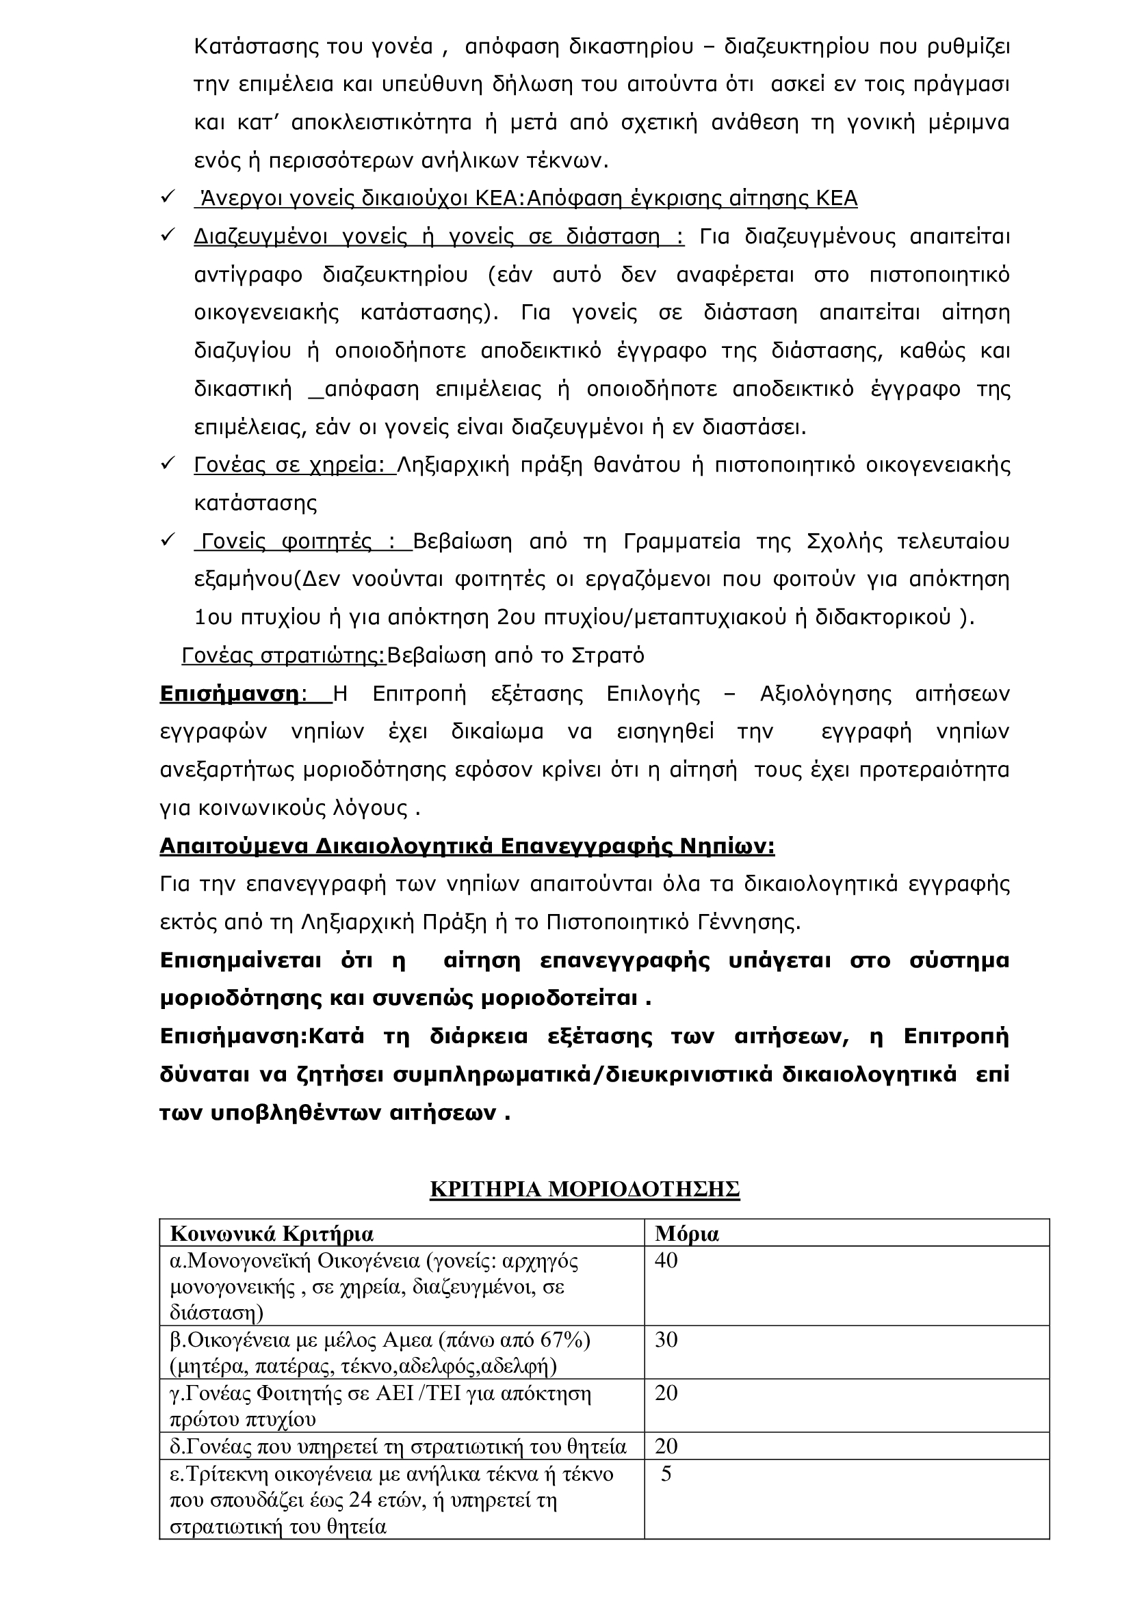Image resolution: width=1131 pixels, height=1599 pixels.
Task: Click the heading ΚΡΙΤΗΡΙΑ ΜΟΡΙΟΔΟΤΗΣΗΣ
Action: [585, 1190]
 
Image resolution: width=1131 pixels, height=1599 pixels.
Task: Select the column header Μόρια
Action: [686, 1233]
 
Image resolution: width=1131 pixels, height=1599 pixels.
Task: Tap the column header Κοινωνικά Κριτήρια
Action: [272, 1233]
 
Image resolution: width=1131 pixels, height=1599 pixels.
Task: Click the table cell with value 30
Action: [666, 1339]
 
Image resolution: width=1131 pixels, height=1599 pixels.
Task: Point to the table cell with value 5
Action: [666, 1475]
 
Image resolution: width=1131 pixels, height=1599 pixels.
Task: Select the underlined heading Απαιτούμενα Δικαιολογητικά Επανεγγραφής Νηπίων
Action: [467, 846]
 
